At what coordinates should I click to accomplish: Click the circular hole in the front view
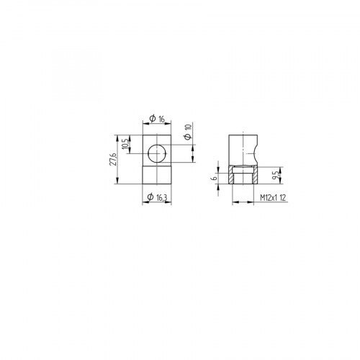coord(155,153)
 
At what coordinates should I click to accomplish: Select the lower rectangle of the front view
coord(155,176)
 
